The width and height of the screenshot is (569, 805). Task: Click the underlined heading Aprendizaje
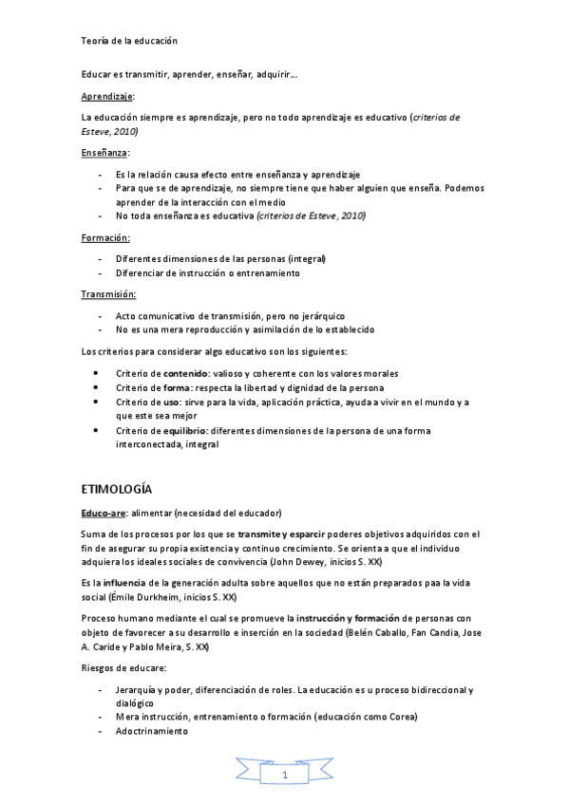[107, 97]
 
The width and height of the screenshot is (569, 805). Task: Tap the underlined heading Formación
[104, 238]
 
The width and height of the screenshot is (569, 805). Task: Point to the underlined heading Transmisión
[108, 293]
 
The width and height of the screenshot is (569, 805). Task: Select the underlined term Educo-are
[103, 513]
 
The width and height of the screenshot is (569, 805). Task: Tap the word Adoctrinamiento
[152, 732]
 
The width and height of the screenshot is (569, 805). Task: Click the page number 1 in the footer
[285, 777]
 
